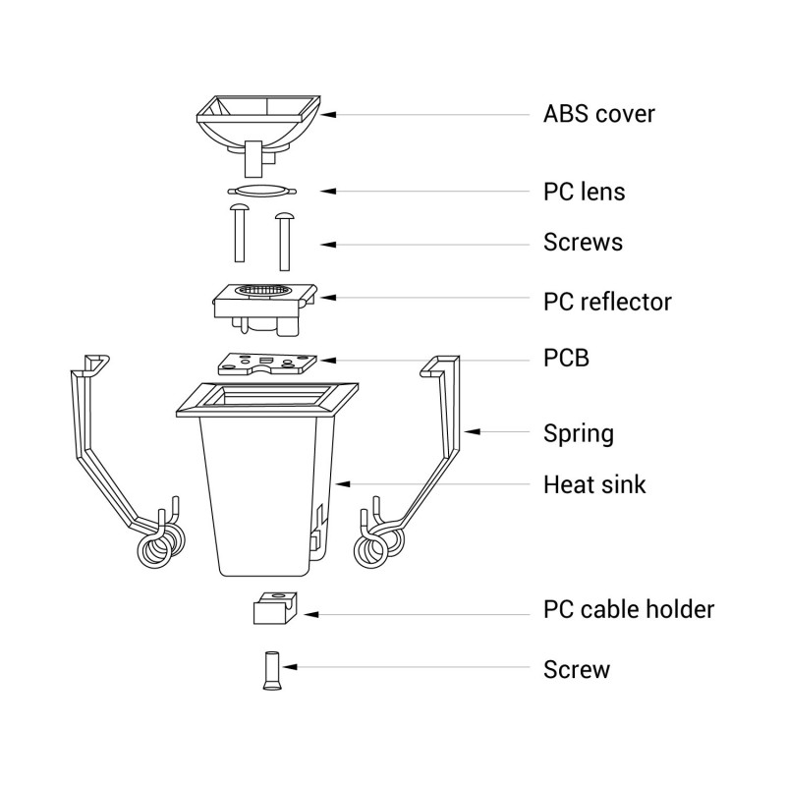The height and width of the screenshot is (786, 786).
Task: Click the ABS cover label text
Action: [598, 114]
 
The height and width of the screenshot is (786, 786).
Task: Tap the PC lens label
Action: [584, 191]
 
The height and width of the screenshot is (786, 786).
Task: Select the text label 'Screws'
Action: [583, 242]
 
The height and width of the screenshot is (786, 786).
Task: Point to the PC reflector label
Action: [607, 301]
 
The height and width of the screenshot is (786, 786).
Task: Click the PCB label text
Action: [566, 358]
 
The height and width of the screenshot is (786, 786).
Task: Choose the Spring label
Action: [578, 432]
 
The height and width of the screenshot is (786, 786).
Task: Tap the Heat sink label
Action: [594, 484]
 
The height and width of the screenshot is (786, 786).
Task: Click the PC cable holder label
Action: [629, 609]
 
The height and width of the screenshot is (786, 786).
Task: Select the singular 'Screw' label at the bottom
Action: [576, 670]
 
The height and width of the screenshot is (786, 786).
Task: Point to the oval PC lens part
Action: [260, 191]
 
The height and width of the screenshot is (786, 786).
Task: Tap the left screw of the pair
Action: [239, 234]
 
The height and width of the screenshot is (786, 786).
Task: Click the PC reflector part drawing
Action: [263, 302]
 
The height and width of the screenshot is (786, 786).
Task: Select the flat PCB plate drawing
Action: [262, 364]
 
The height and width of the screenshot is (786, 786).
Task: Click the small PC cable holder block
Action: [274, 608]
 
